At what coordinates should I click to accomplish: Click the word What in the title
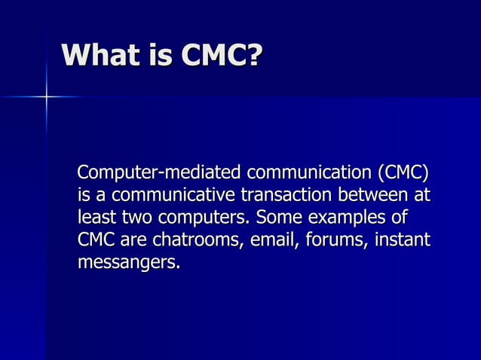pos(100,55)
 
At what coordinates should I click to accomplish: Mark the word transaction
pos(287,196)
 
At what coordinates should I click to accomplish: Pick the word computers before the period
pos(202,219)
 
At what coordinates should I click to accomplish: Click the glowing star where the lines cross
pos(46,97)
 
